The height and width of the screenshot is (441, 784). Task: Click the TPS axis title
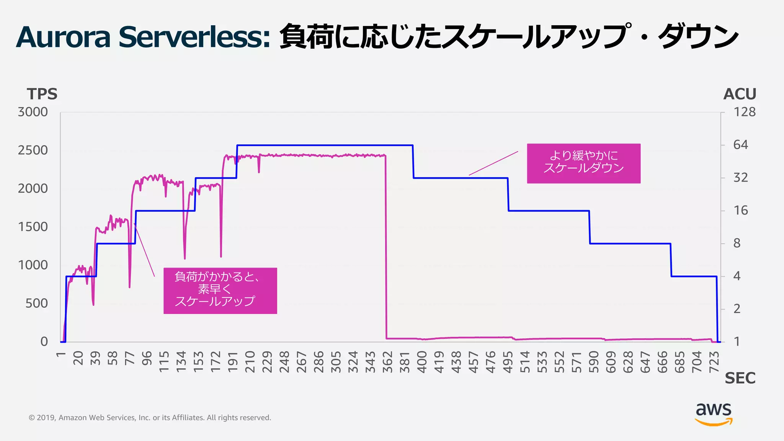(42, 94)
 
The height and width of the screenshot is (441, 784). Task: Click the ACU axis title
(740, 94)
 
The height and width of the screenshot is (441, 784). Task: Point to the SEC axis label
(740, 378)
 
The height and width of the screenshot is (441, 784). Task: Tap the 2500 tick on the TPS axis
(33, 150)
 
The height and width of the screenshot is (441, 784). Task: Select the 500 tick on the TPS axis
(37, 303)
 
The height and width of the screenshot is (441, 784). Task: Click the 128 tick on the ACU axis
(744, 112)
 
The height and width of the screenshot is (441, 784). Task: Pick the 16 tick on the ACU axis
(740, 210)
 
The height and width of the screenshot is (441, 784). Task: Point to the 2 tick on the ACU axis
(737, 309)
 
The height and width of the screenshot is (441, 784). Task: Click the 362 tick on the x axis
(388, 362)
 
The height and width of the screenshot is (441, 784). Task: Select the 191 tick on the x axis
(233, 362)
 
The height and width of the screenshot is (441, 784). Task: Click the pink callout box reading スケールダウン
(583, 163)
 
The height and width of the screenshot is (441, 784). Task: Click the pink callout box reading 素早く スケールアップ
(220, 291)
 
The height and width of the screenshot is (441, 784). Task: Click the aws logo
(714, 414)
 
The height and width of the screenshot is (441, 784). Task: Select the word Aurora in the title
(63, 37)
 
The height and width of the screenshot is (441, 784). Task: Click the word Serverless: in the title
(194, 37)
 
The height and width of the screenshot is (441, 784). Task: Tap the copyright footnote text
(150, 418)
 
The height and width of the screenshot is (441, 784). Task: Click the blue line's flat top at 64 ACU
(325, 145)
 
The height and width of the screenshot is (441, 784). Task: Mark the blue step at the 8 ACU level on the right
(630, 243)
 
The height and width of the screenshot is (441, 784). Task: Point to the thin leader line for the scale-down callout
(493, 163)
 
